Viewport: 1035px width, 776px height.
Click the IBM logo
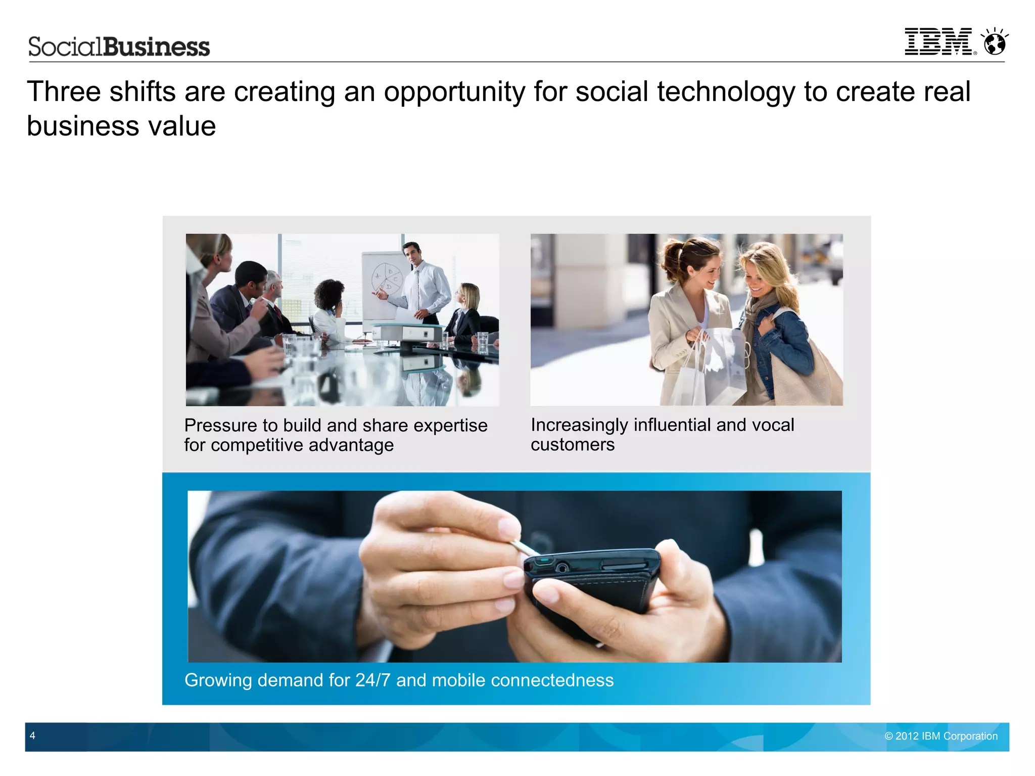tap(938, 41)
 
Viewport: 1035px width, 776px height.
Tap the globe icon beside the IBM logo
tap(995, 42)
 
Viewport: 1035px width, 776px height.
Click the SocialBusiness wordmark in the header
tap(119, 47)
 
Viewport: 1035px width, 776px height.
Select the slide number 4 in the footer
tap(32, 736)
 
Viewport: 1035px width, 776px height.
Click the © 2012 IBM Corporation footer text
tap(941, 736)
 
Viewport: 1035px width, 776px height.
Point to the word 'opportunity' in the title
tap(455, 92)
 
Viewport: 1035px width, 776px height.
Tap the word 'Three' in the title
tap(64, 92)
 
